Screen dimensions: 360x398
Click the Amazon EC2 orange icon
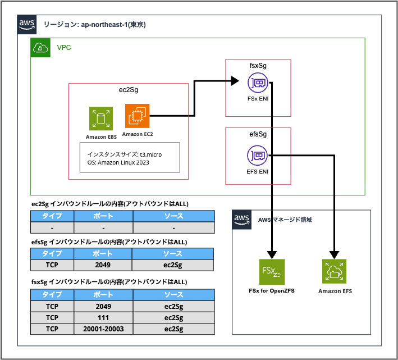click(x=137, y=116)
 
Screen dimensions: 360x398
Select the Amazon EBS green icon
click(x=101, y=119)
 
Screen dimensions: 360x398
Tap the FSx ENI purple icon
click(x=258, y=84)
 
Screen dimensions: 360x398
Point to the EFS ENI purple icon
click(x=258, y=154)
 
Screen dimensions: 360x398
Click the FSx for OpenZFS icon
click(x=272, y=272)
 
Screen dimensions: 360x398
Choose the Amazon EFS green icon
click(x=334, y=272)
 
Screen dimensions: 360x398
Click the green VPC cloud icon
click(x=40, y=48)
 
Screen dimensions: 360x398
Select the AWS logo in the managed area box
click(x=242, y=219)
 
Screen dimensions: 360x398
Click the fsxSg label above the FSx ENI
click(x=258, y=66)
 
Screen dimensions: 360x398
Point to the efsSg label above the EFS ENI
click(x=258, y=135)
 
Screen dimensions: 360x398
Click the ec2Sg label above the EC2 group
click(x=128, y=90)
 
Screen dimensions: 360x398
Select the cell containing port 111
click(x=103, y=318)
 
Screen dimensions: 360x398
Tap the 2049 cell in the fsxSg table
click(x=103, y=306)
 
